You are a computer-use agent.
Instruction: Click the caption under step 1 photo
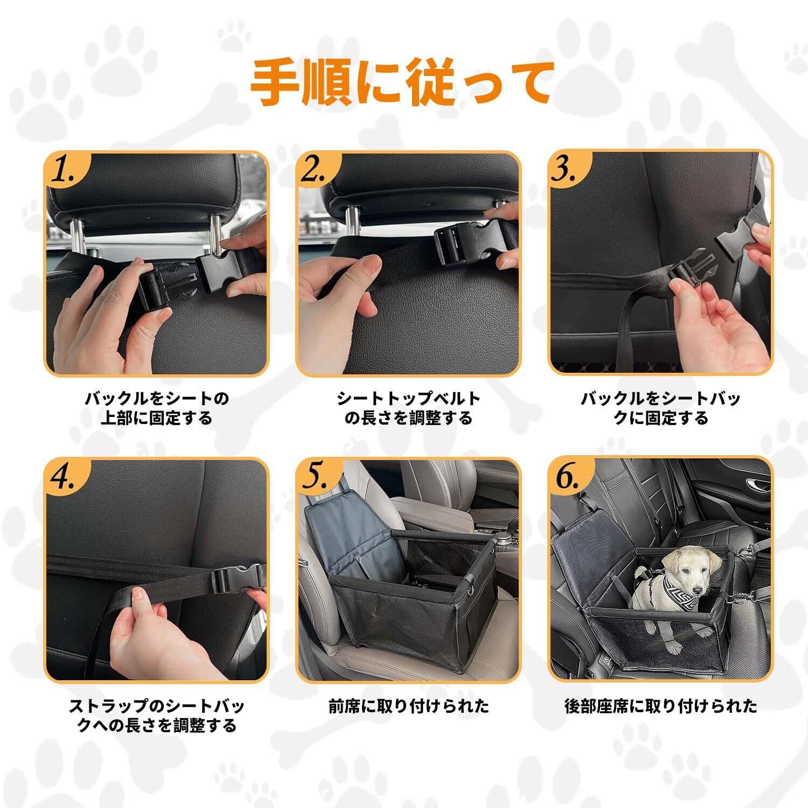(157, 408)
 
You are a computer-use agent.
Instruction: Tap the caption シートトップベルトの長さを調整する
(409, 408)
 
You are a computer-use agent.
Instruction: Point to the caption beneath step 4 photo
(157, 715)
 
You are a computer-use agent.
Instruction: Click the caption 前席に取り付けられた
(409, 706)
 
